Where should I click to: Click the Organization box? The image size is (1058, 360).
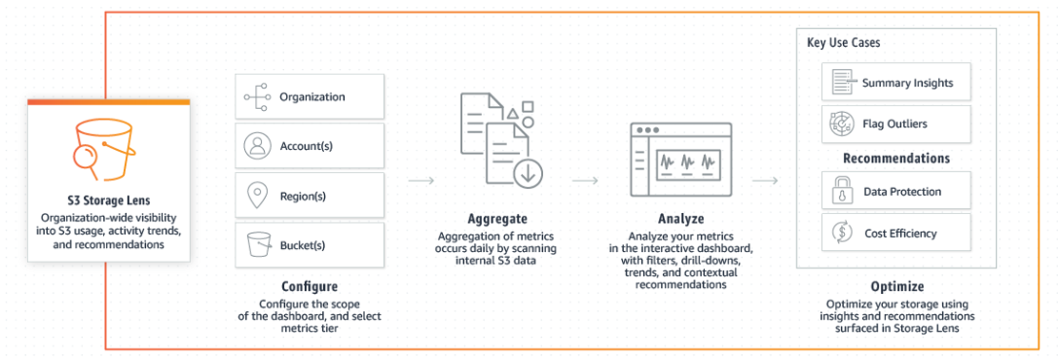310,97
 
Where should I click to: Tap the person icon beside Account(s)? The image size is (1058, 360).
257,146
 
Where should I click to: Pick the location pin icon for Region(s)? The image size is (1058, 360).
257,196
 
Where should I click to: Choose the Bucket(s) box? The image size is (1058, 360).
310,245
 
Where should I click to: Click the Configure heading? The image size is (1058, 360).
310,287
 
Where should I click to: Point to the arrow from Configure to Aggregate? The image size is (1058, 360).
420,180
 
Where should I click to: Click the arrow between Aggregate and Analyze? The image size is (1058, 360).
585,180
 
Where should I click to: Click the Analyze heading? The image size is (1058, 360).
680,219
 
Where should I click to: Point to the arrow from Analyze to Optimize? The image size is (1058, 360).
765,180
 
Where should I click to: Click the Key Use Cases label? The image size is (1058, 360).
844,44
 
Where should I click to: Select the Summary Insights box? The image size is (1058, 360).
895,84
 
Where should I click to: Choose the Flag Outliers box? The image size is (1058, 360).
895,125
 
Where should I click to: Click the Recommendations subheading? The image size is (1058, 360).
895,159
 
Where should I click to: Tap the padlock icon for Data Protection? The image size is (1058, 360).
838,193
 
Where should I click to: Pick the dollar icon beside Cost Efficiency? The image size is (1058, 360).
838,234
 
